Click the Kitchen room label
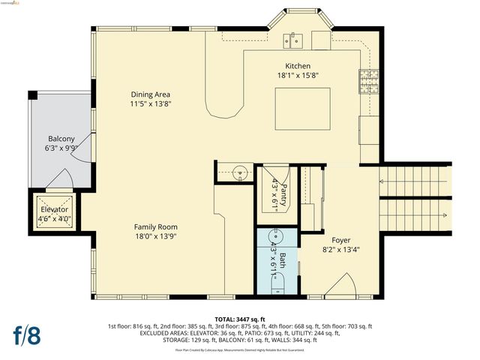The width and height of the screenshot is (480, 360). click(298, 66)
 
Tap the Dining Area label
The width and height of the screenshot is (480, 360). click(151, 94)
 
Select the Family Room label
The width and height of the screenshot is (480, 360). click(155, 226)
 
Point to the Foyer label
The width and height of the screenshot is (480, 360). click(330, 240)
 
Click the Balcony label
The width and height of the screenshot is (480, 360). click(61, 139)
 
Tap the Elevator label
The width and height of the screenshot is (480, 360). click(54, 209)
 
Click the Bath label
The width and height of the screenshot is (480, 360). click(283, 260)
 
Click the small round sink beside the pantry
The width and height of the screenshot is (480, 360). click(239, 172)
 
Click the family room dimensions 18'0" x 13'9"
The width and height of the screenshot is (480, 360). click(155, 236)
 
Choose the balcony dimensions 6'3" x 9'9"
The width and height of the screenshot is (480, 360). click(61, 148)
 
